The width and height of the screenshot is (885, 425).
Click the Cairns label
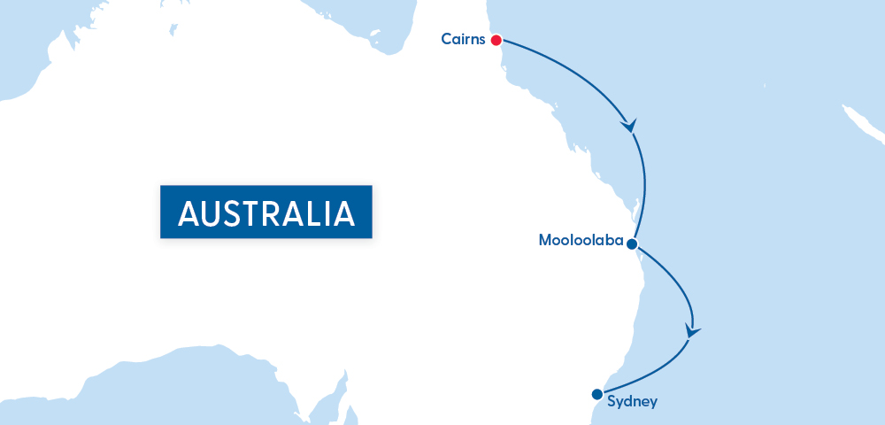pyautogui.click(x=462, y=39)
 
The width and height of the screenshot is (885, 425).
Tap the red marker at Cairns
pyautogui.click(x=496, y=40)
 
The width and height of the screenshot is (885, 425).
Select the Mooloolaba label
pyautogui.click(x=579, y=241)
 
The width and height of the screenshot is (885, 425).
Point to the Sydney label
pyautogui.click(x=633, y=402)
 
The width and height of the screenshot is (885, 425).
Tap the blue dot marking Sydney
pyautogui.click(x=596, y=394)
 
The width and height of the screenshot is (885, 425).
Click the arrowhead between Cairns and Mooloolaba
pyautogui.click(x=630, y=126)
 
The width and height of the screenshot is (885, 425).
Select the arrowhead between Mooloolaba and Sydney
pyautogui.click(x=692, y=332)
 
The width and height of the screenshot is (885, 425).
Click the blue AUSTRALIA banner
pyautogui.click(x=265, y=212)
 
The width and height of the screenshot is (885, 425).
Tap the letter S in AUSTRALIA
pyautogui.click(x=237, y=213)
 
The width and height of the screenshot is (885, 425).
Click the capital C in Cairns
pyautogui.click(x=446, y=39)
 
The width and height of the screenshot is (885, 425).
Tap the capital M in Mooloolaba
pyautogui.click(x=545, y=241)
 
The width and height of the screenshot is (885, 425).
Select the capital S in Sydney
pyautogui.click(x=612, y=401)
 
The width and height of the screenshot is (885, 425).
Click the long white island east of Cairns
pyautogui.click(x=861, y=124)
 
